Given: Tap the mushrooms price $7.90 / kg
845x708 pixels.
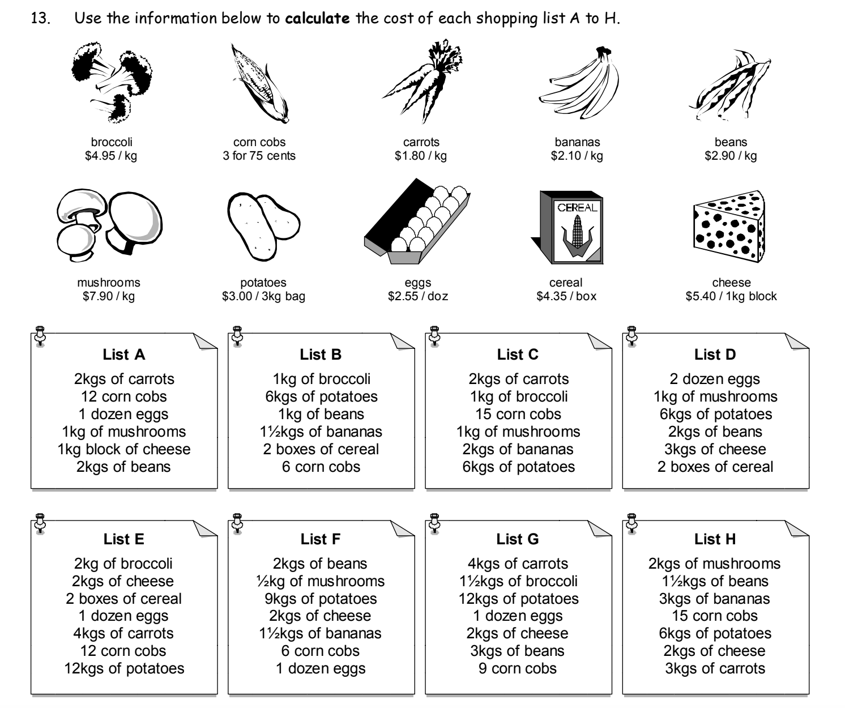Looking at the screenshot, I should [x=109, y=296].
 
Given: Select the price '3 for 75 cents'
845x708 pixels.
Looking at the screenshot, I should [x=259, y=156].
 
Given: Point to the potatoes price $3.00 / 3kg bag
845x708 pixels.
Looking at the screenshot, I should [x=263, y=296].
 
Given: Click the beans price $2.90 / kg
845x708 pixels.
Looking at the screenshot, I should [x=731, y=156].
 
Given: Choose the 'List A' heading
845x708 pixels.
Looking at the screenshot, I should [x=124, y=355].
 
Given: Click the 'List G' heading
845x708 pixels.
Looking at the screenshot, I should [x=518, y=539].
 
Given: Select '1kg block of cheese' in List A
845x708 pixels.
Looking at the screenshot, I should [x=124, y=449].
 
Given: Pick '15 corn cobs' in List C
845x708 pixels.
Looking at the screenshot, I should [x=518, y=414].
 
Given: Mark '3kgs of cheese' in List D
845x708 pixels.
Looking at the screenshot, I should [x=715, y=449].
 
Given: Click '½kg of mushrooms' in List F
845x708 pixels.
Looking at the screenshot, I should [x=321, y=581].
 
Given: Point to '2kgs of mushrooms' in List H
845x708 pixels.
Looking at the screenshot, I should [x=715, y=564].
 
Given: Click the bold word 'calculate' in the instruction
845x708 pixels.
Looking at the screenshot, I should [x=317, y=19].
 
